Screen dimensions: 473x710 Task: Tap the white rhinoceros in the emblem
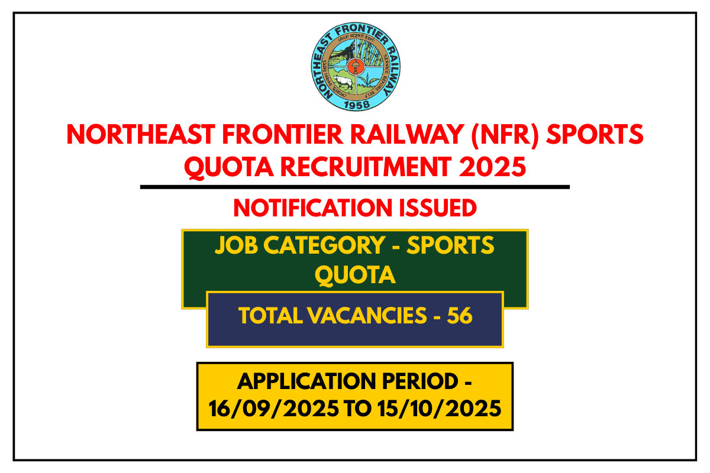342,82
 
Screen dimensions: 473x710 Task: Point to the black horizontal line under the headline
355,187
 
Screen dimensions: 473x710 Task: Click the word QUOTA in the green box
355,275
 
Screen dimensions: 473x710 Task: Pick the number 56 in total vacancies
460,316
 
